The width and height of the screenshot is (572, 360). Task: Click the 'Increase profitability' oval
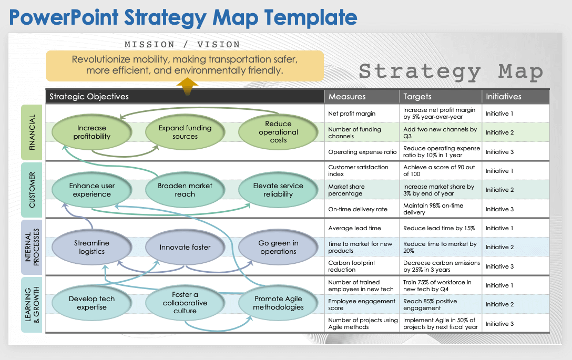click(x=91, y=132)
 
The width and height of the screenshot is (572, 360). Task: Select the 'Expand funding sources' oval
click(x=185, y=132)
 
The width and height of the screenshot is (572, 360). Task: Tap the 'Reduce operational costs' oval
click(x=278, y=132)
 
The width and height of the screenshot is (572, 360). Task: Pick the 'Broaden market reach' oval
click(x=185, y=190)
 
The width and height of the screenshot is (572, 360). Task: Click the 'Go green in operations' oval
click(x=278, y=247)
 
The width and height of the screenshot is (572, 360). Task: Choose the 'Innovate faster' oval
click(x=185, y=247)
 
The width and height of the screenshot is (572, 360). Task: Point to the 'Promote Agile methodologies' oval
click(x=278, y=303)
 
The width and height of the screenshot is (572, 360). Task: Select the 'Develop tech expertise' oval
click(x=91, y=303)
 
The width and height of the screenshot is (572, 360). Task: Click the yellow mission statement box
click(x=185, y=65)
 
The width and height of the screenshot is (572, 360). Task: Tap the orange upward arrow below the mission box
click(x=187, y=87)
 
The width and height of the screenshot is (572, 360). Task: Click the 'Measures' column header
click(x=347, y=97)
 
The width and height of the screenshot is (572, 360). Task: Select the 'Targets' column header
click(x=417, y=97)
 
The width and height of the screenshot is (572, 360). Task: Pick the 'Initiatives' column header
click(x=503, y=97)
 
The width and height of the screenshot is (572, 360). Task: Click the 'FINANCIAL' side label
click(x=32, y=132)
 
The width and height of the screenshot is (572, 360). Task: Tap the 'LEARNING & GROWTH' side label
click(x=32, y=304)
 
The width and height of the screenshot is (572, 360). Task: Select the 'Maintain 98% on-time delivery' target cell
click(x=433, y=209)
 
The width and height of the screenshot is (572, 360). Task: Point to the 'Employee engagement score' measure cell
click(x=362, y=305)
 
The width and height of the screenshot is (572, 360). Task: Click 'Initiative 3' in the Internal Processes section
click(x=499, y=266)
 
